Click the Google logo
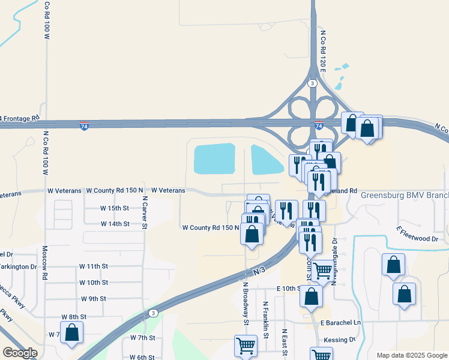click(20, 353)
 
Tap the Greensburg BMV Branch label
click(404, 196)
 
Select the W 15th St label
click(115, 208)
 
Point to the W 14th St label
click(115, 224)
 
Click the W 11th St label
click(94, 266)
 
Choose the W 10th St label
click(94, 282)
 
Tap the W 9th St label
click(94, 298)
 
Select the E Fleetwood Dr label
click(418, 235)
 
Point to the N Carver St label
click(145, 212)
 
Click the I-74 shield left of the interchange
click(85, 126)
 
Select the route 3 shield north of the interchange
click(312, 83)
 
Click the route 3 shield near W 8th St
click(153, 313)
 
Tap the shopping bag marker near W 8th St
click(71, 332)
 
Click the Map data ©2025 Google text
click(412, 355)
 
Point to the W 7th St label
click(143, 338)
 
